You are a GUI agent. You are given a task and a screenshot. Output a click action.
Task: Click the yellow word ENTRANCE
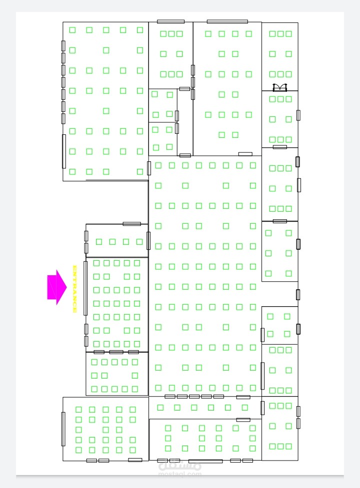(x=74, y=289)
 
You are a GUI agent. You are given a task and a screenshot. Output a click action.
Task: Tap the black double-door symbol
(x=280, y=87)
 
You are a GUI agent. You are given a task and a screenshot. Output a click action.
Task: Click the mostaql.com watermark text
(x=180, y=472)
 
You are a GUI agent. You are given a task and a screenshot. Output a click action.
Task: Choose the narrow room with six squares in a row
(x=205, y=408)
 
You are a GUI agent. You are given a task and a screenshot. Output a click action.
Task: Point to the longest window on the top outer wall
(x=227, y=21)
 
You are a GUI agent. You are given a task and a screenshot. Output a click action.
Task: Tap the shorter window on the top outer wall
(x=170, y=21)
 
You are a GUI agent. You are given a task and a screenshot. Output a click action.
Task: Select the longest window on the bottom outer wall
(x=205, y=461)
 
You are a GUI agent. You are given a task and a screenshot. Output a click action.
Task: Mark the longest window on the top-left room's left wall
(x=64, y=151)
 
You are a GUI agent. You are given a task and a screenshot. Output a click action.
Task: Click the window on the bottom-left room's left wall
(x=63, y=429)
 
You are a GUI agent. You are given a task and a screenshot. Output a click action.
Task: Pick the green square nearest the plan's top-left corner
(x=72, y=30)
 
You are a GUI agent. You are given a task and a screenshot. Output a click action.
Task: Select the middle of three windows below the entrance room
(x=116, y=352)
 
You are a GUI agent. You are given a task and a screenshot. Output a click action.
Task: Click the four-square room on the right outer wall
(x=278, y=325)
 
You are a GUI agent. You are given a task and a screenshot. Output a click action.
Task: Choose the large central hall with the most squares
(x=205, y=275)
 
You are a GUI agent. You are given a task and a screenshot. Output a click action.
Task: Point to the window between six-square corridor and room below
(x=243, y=420)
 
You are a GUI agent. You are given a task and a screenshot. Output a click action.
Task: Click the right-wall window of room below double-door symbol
(x=298, y=115)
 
